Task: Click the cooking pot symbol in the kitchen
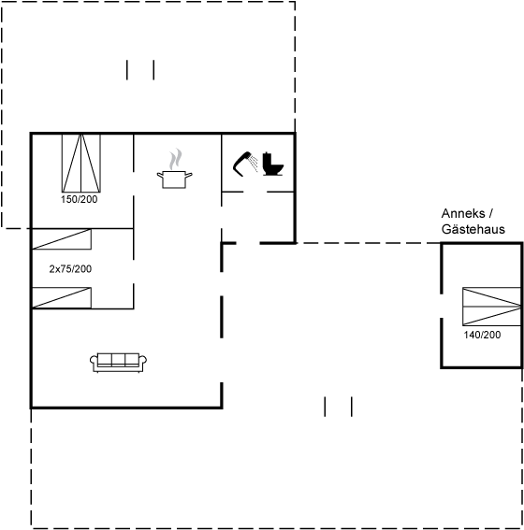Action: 174,179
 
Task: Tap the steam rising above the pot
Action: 176,159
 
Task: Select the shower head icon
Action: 241,164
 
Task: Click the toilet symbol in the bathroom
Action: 272,164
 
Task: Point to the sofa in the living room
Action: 118,363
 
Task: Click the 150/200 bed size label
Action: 80,199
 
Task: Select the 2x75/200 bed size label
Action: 70,269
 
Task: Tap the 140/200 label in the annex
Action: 482,335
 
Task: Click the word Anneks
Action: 463,214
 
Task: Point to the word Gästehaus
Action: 473,229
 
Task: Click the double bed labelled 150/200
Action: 81,164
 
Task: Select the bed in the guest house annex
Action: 491,307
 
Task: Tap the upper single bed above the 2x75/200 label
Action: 62,239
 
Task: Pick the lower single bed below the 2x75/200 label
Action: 62,298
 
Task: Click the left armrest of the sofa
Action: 94,362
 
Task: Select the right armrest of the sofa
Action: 143,362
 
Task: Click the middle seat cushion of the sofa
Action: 119,359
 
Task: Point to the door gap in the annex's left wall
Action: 442,306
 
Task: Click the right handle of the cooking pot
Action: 189,175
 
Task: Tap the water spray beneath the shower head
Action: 254,164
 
